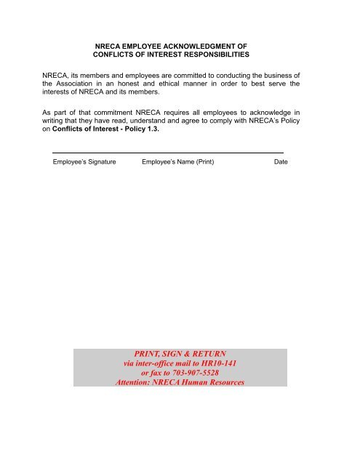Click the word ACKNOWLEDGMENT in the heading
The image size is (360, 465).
click(x=207, y=45)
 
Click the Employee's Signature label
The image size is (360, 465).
click(x=84, y=161)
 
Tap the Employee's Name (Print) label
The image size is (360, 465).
click(x=178, y=161)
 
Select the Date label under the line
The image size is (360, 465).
click(x=281, y=161)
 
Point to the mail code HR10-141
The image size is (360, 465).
click(x=217, y=363)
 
